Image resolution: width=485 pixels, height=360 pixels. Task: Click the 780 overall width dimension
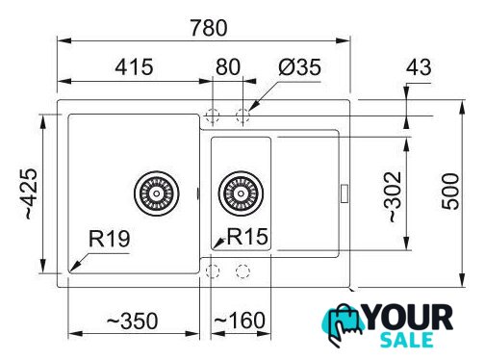[209, 28]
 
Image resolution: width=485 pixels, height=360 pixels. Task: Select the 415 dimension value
[134, 67]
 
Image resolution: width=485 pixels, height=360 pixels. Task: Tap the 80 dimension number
[228, 67]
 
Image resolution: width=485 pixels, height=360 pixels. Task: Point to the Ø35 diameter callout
[300, 67]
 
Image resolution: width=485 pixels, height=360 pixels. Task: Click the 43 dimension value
[419, 67]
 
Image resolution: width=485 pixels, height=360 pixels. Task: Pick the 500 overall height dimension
[450, 192]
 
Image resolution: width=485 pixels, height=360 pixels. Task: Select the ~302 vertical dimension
[393, 196]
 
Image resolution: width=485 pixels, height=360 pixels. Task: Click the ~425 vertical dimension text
[31, 193]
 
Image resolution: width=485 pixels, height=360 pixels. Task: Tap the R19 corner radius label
[109, 239]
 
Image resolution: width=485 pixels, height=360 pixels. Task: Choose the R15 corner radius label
[247, 237]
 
